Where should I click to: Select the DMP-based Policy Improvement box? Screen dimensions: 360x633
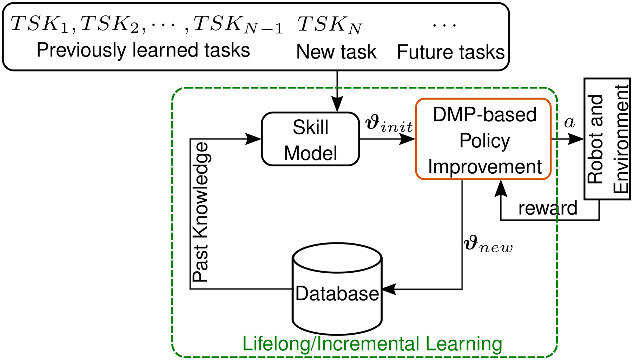tap(483, 139)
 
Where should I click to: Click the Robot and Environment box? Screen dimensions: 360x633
tap(607, 139)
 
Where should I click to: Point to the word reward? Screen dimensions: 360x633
tap(548, 208)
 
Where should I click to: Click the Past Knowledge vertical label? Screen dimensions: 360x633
tap(201, 212)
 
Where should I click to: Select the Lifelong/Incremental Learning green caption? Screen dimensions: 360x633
tap(372, 344)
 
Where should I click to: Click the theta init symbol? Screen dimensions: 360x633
tap(389, 124)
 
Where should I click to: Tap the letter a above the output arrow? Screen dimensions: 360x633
tap(569, 122)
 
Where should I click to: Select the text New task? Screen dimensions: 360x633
tap(336, 52)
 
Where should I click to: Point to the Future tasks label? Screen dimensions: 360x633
tap(450, 52)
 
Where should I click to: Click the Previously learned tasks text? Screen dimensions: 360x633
tap(143, 50)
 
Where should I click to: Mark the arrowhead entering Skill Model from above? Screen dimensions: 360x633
tap(337, 105)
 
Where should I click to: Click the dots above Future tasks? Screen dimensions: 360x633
tap(444, 25)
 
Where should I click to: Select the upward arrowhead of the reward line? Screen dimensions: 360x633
tap(501, 188)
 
